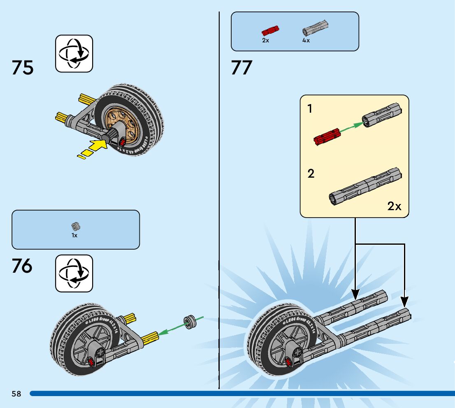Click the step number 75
click(x=23, y=68)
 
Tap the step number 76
click(x=22, y=267)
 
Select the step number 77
click(x=241, y=68)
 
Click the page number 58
click(x=16, y=394)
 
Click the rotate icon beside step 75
click(x=74, y=54)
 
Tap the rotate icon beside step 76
click(x=74, y=274)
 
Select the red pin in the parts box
click(x=270, y=30)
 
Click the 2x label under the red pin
click(x=265, y=41)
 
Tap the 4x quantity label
click(x=306, y=41)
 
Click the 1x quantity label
click(x=74, y=236)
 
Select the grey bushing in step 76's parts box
click(x=75, y=226)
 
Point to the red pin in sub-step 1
click(x=326, y=137)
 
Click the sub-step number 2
click(x=311, y=174)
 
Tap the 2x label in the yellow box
click(x=394, y=206)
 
